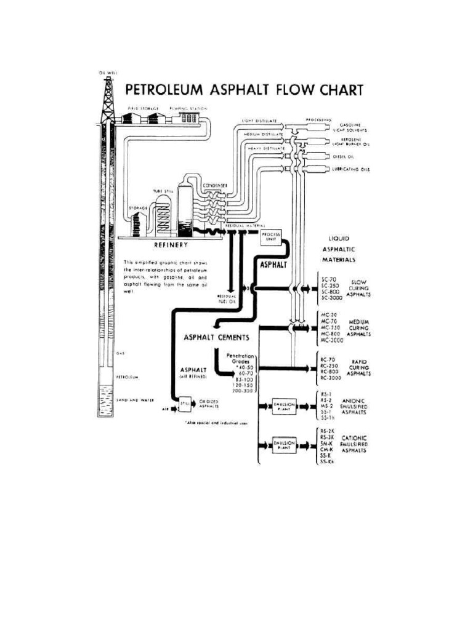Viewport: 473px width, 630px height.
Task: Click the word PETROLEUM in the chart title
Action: click(x=165, y=90)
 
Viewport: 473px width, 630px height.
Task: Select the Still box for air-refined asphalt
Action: click(x=184, y=404)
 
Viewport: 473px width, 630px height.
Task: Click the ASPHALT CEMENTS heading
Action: click(x=216, y=337)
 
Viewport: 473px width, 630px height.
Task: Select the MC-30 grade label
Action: click(x=329, y=315)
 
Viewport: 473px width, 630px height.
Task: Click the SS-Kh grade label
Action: click(x=328, y=462)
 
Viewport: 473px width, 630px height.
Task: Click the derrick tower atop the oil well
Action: click(x=108, y=98)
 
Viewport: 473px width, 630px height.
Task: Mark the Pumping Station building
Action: click(x=185, y=117)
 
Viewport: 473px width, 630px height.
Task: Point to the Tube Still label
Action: click(x=163, y=191)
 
